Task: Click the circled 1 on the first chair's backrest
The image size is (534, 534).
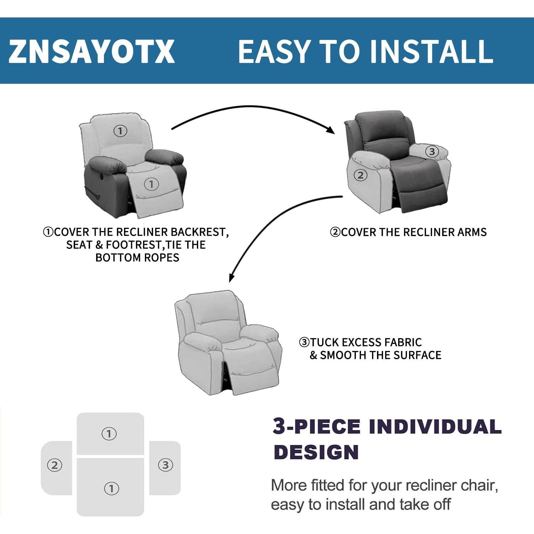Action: click(120, 131)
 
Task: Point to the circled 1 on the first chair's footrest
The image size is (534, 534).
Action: click(151, 184)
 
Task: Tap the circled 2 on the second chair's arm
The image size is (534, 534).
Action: click(360, 175)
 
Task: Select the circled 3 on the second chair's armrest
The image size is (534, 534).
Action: click(432, 152)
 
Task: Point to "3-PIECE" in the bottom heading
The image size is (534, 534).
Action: click(316, 426)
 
